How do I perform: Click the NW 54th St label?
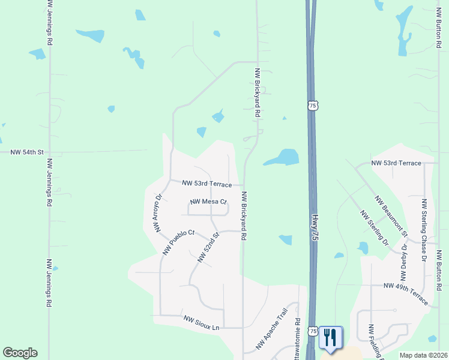[28, 152]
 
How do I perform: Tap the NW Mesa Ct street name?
[208, 202]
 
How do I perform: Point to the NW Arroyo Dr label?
[158, 213]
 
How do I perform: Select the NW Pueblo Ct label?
[179, 241]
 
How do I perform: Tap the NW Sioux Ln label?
[202, 323]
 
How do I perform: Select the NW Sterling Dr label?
[374, 227]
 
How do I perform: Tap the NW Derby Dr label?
[403, 262]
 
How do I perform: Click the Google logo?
[20, 353]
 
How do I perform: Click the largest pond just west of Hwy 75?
[283, 158]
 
